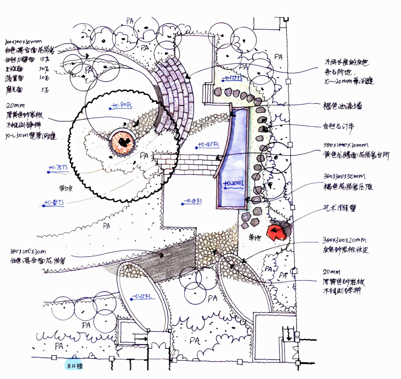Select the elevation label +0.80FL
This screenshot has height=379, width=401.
[122, 105]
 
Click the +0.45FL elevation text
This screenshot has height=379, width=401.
[208, 145]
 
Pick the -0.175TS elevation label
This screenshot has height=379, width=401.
[232, 78]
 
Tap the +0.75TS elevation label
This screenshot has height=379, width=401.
[58, 168]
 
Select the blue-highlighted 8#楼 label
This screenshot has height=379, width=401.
[75, 366]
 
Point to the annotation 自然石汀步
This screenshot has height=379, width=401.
[338, 126]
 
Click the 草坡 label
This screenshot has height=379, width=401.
[66, 188]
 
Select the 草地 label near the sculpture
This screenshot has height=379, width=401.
[255, 238]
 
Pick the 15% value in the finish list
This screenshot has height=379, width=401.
[45, 59]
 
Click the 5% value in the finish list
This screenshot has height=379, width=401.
[45, 90]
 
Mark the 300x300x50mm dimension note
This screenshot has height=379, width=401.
[344, 176]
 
